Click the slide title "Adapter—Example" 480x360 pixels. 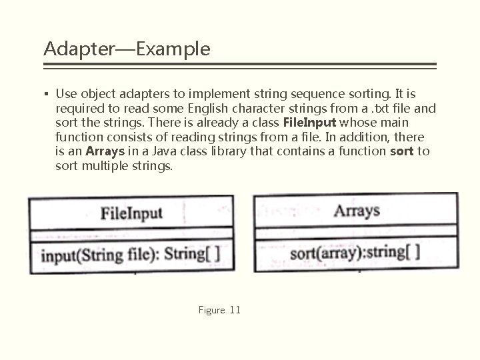click(127, 49)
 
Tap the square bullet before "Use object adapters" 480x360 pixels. click(46, 95)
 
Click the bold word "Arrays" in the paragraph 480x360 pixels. click(107, 151)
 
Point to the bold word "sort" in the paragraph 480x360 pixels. click(402, 151)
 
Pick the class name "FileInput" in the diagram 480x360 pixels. click(131, 213)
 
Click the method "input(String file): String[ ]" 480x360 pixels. click(131, 254)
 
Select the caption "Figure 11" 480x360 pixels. click(219, 310)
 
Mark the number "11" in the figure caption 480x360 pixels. click(234, 310)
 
